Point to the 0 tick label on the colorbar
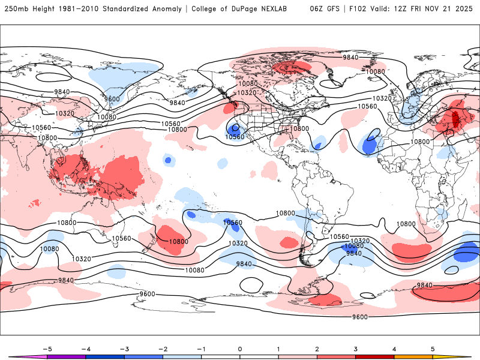click(x=240, y=348)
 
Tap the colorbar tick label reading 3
click(x=356, y=348)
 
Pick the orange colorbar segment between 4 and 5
click(x=413, y=356)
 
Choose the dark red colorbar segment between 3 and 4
click(x=375, y=356)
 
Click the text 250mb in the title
click(x=16, y=9)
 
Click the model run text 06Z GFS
click(x=325, y=9)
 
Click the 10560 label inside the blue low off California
click(x=235, y=137)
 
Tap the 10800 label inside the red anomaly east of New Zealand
click(x=178, y=242)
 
